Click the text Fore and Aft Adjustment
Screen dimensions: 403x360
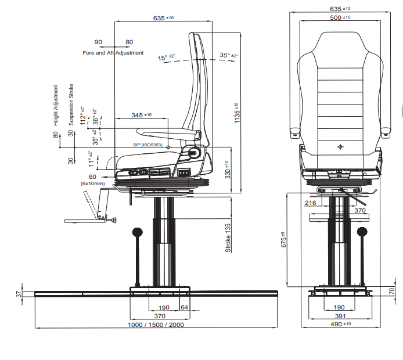pos(113,53)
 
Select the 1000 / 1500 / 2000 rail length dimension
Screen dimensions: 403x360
pos(156,325)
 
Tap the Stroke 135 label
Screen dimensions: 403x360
pos(228,238)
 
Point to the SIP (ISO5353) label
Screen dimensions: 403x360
pos(147,145)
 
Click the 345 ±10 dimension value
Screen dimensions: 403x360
pos(141,115)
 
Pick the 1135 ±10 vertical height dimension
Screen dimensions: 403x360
pos(237,113)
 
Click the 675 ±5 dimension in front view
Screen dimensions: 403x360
pos(283,240)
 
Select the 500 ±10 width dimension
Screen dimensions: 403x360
pos(340,17)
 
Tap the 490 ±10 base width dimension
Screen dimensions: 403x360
pos(340,324)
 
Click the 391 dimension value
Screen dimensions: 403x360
pos(340,316)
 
